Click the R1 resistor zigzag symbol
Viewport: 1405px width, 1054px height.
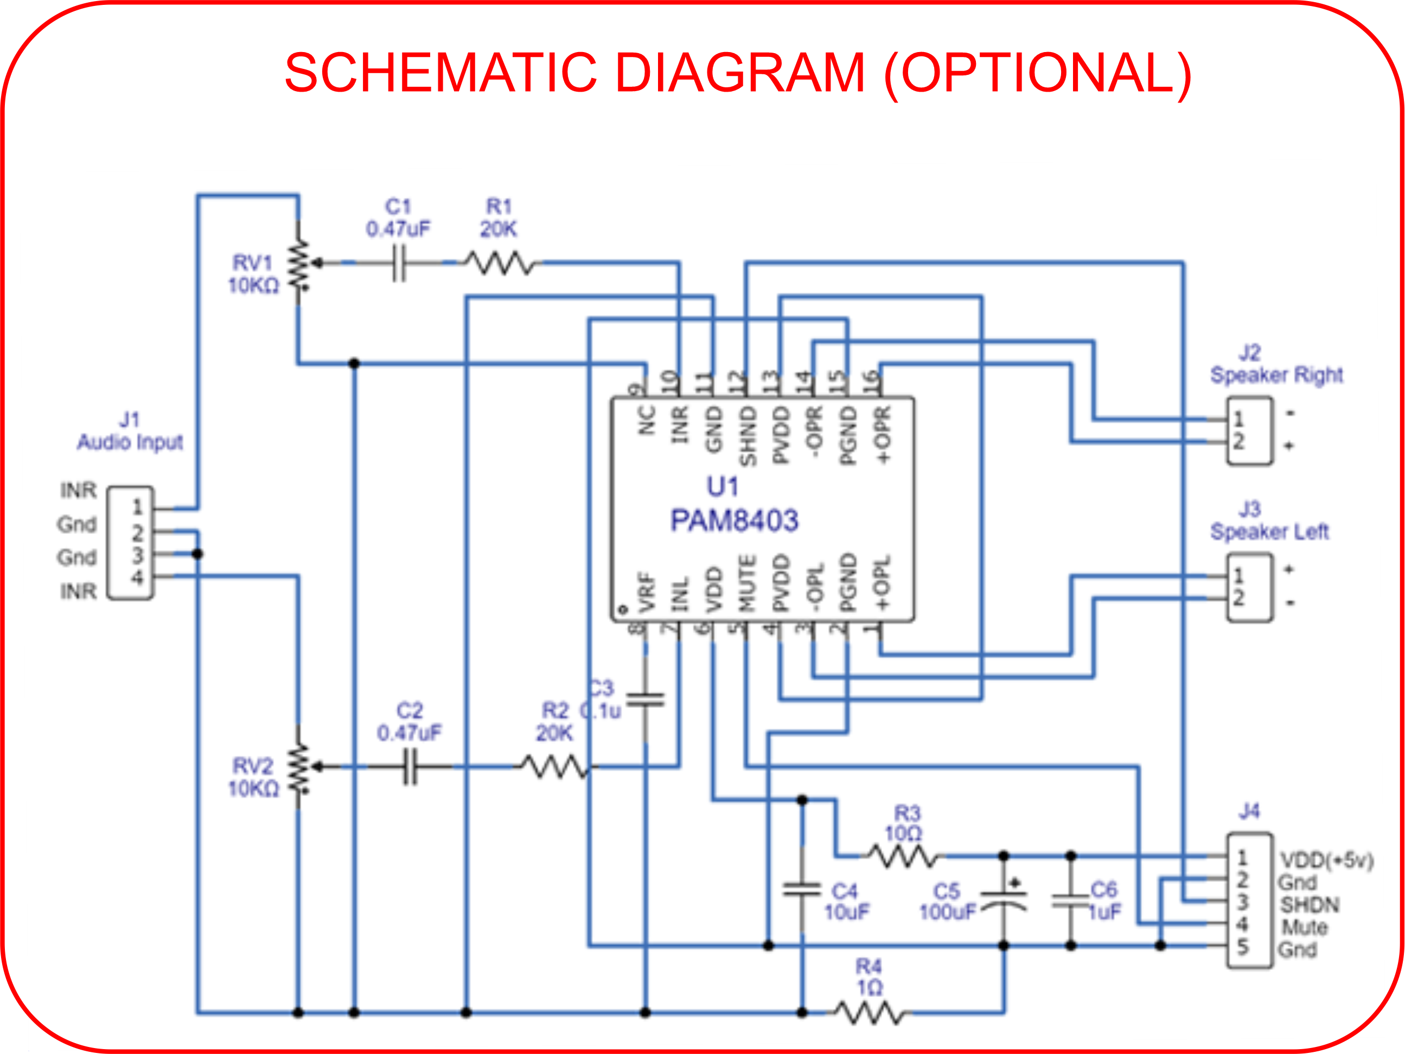501,263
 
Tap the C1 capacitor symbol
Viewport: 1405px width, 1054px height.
398,263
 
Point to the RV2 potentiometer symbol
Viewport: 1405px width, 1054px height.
298,768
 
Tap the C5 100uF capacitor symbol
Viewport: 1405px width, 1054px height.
1004,901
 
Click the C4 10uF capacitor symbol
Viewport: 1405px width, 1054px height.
802,889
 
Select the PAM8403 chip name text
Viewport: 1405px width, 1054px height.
735,520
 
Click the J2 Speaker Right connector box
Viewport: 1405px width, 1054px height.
1249,431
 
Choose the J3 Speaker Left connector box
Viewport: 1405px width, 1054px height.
1249,587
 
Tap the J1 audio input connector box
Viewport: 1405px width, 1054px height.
130,543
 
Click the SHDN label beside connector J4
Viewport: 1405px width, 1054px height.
1310,904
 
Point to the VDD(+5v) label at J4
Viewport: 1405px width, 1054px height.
1326,860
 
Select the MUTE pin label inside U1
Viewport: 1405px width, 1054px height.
747,583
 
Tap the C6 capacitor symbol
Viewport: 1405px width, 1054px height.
1071,901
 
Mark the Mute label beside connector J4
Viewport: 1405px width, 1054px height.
1305,927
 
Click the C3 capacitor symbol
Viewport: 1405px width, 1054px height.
646,700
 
